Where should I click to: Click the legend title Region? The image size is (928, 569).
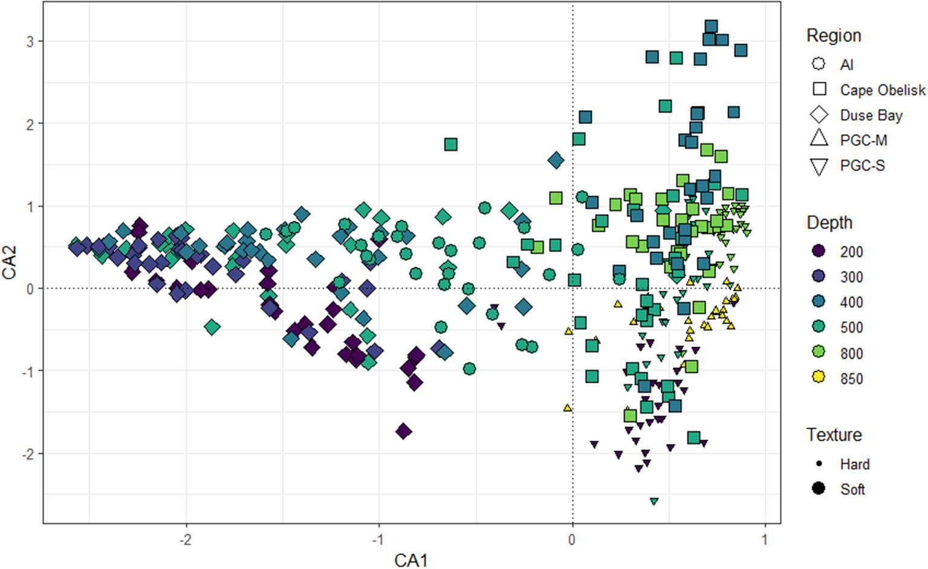(834, 36)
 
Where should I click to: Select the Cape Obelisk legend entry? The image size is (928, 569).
(882, 90)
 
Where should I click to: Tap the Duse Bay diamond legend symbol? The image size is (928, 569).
(819, 115)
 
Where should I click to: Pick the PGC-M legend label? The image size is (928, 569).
(863, 140)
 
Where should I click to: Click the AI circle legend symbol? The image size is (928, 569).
(819, 64)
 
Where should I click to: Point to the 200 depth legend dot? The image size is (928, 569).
(819, 251)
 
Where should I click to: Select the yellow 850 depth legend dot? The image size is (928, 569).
(819, 377)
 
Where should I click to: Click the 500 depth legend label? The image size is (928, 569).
(851, 327)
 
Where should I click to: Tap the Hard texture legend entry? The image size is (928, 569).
(854, 464)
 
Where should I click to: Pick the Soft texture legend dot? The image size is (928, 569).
(819, 489)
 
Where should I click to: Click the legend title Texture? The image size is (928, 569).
(834, 435)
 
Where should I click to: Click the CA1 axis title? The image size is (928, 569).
(411, 560)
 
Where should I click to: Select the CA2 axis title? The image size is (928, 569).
(10, 262)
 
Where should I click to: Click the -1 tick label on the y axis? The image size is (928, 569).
(28, 371)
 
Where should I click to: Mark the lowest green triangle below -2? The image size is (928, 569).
(654, 501)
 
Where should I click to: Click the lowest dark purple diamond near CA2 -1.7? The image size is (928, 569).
(403, 431)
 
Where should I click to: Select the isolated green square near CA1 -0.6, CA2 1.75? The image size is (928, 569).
(450, 145)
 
